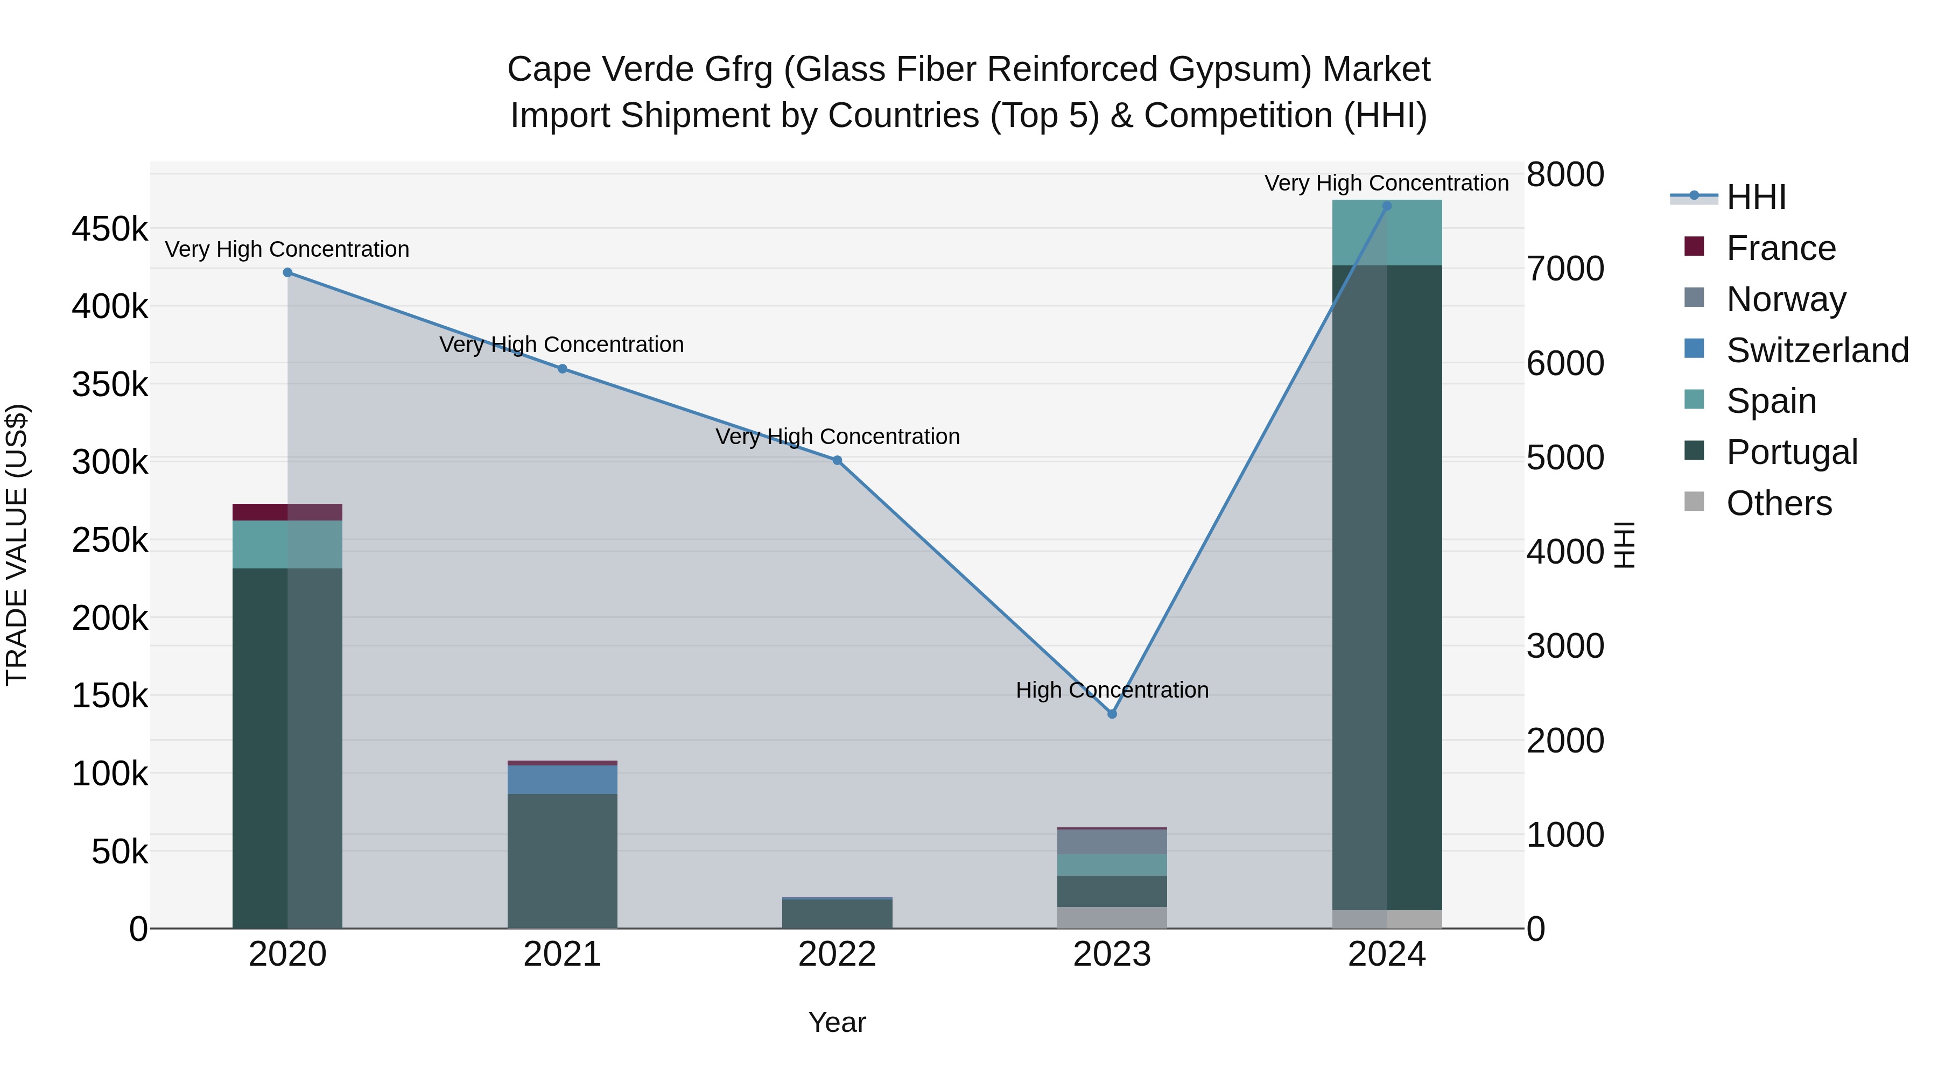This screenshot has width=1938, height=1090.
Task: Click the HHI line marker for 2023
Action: pyautogui.click(x=1112, y=713)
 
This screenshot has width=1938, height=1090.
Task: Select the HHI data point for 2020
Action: pyautogui.click(x=287, y=272)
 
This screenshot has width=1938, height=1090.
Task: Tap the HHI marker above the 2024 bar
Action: pyautogui.click(x=1387, y=206)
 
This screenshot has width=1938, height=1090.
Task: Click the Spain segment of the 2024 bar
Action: pyautogui.click(x=1387, y=233)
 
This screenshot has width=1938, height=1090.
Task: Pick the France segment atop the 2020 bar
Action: pyautogui.click(x=287, y=511)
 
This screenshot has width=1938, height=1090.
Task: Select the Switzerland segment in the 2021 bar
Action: pyautogui.click(x=562, y=779)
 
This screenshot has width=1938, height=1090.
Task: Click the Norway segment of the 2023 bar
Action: pyautogui.click(x=1112, y=841)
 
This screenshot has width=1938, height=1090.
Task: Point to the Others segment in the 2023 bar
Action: pyautogui.click(x=1112, y=917)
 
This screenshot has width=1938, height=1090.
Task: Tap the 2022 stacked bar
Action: pyautogui.click(x=837, y=912)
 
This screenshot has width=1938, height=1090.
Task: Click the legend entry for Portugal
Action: pyautogui.click(x=1791, y=452)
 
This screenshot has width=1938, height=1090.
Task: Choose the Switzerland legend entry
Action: pyautogui.click(x=1817, y=350)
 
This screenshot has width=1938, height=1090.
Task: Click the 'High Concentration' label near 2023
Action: pyautogui.click(x=1112, y=690)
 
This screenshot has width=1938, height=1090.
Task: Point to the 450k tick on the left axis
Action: pyautogui.click(x=110, y=229)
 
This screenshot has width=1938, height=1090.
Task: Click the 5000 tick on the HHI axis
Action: pyautogui.click(x=1565, y=458)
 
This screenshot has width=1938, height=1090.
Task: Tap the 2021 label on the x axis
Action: pyautogui.click(x=562, y=954)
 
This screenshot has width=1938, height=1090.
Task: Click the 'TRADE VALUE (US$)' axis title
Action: pyautogui.click(x=17, y=545)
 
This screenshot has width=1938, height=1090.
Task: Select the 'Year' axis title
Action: pyautogui.click(x=837, y=1022)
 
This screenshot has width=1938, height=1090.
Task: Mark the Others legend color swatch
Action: pyautogui.click(x=1694, y=501)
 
